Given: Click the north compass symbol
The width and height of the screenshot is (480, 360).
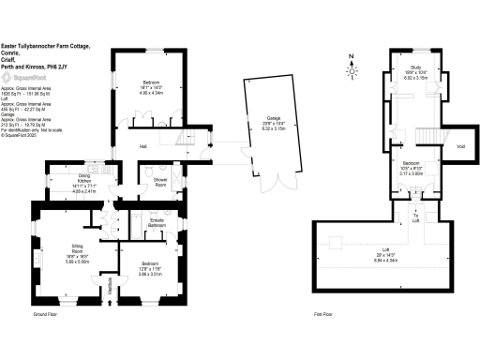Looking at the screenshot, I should click(x=351, y=67).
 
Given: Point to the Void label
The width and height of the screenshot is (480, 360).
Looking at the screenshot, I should click(x=460, y=145).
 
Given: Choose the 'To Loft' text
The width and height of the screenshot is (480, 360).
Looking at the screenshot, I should click(x=415, y=217).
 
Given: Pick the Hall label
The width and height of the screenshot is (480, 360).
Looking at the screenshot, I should click(x=143, y=146).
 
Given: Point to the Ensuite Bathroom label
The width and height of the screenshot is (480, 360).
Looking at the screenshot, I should click(x=157, y=225).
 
